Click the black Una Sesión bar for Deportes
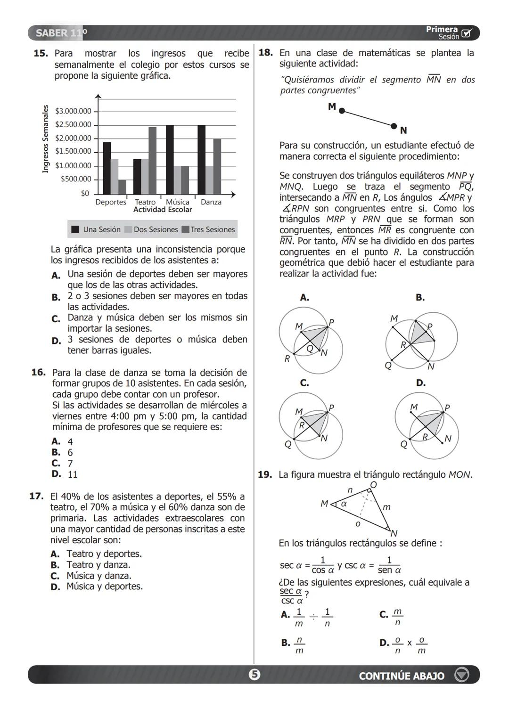point(107,168)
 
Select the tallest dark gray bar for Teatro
point(152,161)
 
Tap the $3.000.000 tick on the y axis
point(73,112)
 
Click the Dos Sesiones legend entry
point(151,230)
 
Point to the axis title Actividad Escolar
point(163,210)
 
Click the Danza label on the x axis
point(211,202)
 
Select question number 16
point(38,373)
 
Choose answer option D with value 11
point(72,474)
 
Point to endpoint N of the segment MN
point(394,126)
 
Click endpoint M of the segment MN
point(342,111)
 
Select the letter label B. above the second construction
point(420,298)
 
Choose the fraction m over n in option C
point(397,617)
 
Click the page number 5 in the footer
point(254,675)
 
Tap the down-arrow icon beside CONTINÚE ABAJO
point(461,675)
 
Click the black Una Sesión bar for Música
point(170,160)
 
